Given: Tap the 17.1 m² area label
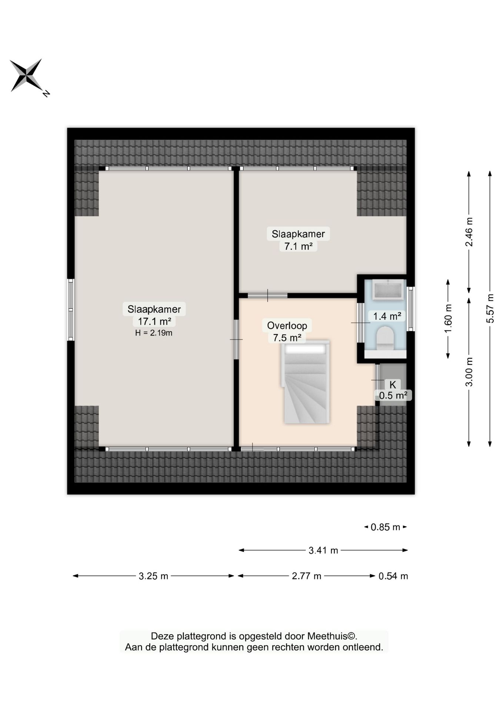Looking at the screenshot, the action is point(154,321).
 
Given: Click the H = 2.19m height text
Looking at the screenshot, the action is point(154,333).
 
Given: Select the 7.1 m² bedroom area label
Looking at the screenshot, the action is point(298,246).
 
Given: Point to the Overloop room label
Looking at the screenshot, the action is point(287,326).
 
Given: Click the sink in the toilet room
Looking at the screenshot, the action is point(388,289).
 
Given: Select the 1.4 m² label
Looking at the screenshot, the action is point(387,316).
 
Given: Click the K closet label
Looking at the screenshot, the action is point(393,385).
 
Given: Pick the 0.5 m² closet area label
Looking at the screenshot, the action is point(393,395).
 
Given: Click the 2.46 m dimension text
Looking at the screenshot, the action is point(469,232).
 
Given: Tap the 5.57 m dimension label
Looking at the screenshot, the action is point(490,308).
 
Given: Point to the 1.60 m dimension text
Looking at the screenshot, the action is point(448,319).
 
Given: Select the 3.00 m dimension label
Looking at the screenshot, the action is point(469,372).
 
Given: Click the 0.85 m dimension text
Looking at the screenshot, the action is point(386,527).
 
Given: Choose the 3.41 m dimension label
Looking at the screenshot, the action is point(323,551).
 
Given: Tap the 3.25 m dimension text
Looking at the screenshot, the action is point(153,576).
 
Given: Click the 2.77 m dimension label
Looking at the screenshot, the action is point(306,576).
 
